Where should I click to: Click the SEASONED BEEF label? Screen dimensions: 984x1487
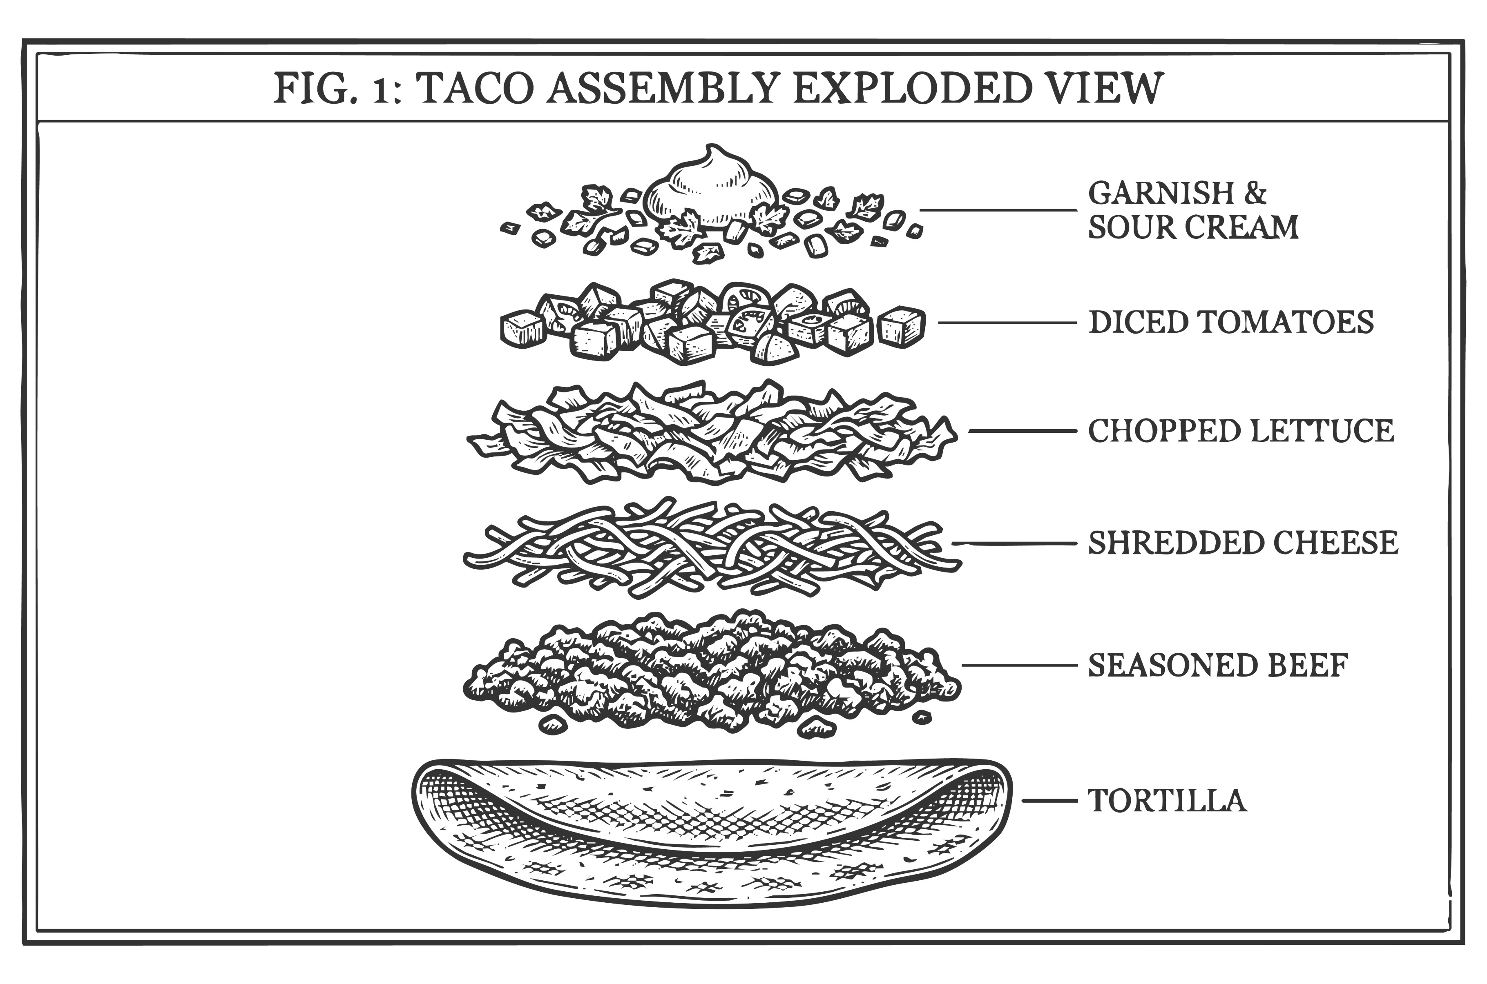tap(1218, 665)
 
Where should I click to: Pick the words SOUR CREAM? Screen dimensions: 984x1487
tap(1192, 227)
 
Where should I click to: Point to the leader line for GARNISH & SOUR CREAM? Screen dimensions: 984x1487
tap(998, 210)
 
